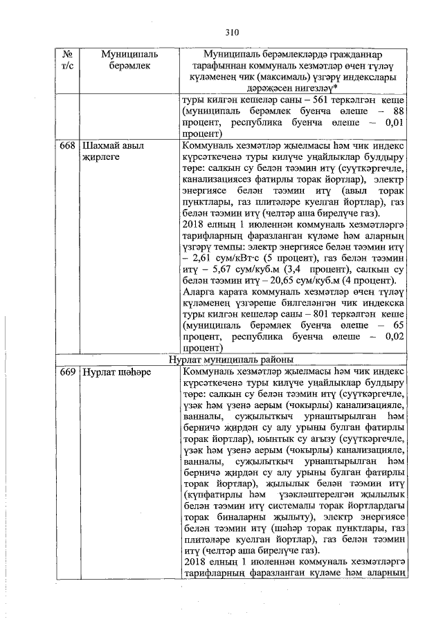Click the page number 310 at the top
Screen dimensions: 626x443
(231, 31)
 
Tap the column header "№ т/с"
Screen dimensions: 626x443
(68, 59)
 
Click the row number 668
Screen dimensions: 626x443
(68, 147)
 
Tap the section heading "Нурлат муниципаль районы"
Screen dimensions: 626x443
(230, 360)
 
